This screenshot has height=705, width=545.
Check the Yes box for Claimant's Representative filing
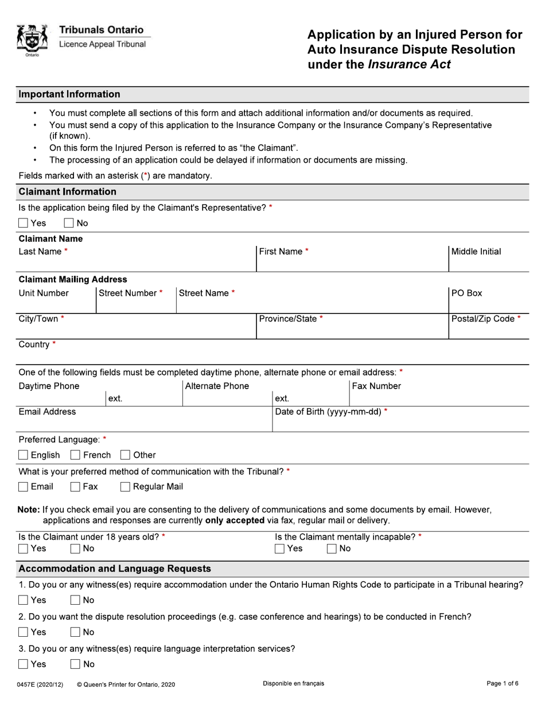pos(24,223)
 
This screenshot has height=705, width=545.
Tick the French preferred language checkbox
pos(75,455)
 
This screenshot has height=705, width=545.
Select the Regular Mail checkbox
pos(125,487)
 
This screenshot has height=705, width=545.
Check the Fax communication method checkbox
pos(75,487)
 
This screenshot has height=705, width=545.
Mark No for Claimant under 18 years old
pos(75,549)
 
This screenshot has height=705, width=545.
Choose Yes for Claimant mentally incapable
pos(280,549)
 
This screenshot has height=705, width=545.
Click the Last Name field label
pos(40,252)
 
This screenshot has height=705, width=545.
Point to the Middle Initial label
pos(476,252)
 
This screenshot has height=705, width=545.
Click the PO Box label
pos(466,293)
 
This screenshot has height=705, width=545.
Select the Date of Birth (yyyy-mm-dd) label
pos(328,412)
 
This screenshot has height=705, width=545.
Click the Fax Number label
pos(376,386)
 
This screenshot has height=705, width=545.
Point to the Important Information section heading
pos(69,95)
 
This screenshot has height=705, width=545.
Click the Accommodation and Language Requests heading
pos(115,569)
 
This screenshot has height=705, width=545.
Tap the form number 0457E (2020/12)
pos(41,684)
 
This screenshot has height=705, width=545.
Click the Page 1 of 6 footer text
pos(502,684)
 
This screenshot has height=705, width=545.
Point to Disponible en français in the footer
pos(293,684)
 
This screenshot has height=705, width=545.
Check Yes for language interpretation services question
pos(24,664)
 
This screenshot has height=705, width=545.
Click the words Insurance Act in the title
pos(408,64)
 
